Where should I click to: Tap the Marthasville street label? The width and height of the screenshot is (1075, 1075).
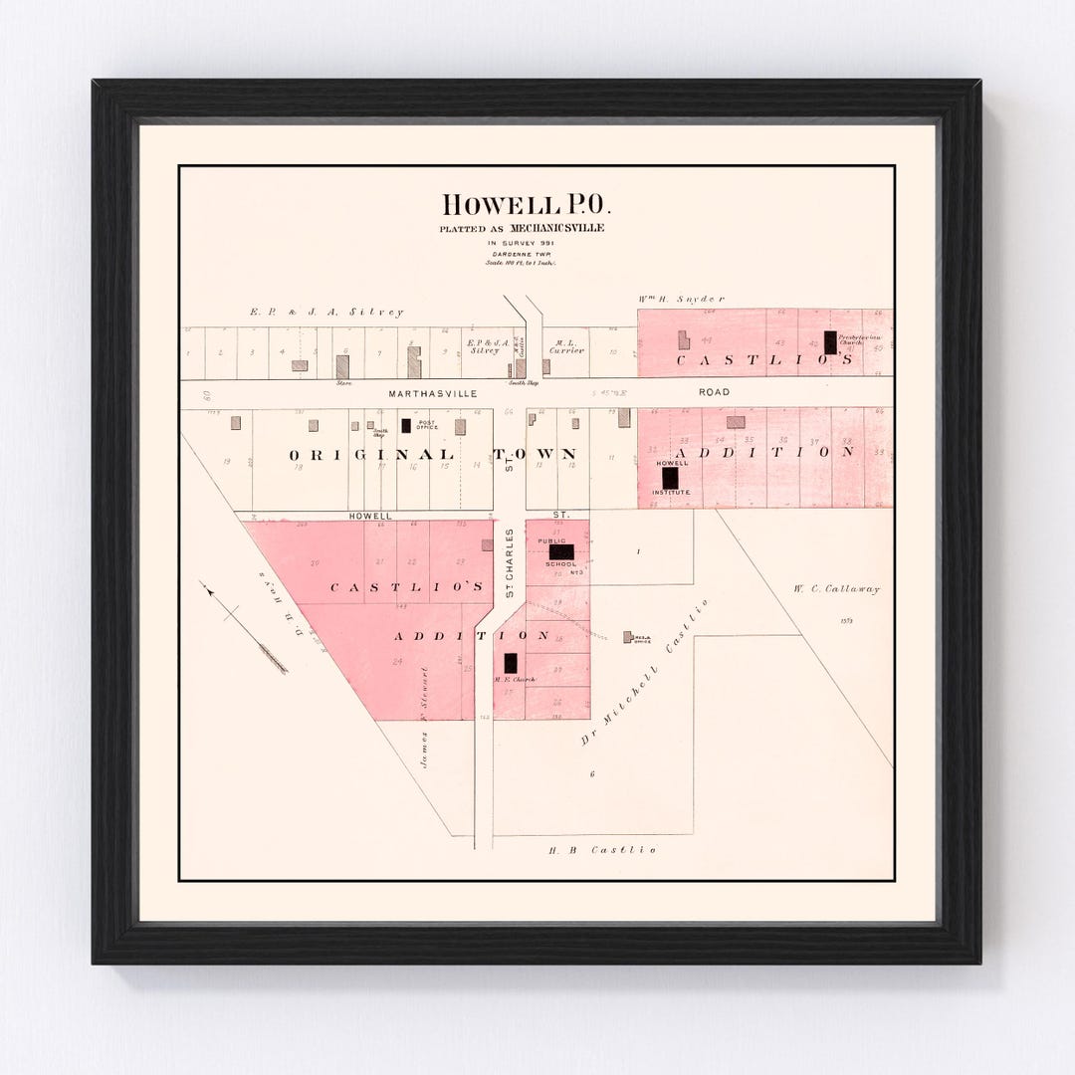[x=433, y=393]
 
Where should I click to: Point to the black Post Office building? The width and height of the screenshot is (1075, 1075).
[x=406, y=425]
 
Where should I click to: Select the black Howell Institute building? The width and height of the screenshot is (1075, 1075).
[x=670, y=478]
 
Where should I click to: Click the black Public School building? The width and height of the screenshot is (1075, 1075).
[x=561, y=551]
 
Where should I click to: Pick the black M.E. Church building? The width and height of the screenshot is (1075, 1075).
[x=511, y=663]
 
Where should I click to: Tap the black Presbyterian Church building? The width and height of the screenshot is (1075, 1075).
[x=830, y=342]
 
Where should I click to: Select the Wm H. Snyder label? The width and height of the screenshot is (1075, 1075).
[x=681, y=299]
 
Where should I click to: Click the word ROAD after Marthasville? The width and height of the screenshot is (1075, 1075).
[x=714, y=392]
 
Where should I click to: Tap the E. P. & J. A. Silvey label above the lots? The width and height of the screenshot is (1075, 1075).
[x=326, y=313]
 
